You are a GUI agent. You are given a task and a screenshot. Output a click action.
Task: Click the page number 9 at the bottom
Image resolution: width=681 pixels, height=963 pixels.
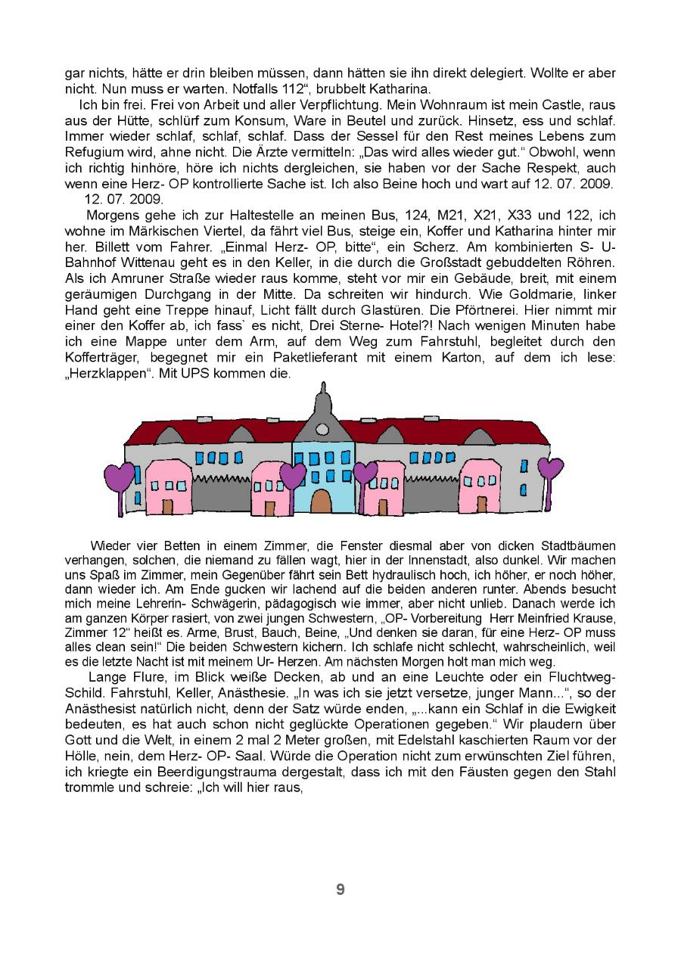click(x=340, y=890)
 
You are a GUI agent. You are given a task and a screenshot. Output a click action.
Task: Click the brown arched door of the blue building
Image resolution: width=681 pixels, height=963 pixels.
click(x=321, y=501)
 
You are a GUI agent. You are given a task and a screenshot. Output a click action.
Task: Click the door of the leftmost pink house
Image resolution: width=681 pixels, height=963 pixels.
click(x=167, y=506)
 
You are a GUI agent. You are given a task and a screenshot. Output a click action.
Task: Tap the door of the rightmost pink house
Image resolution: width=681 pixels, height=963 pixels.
click(x=482, y=504)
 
